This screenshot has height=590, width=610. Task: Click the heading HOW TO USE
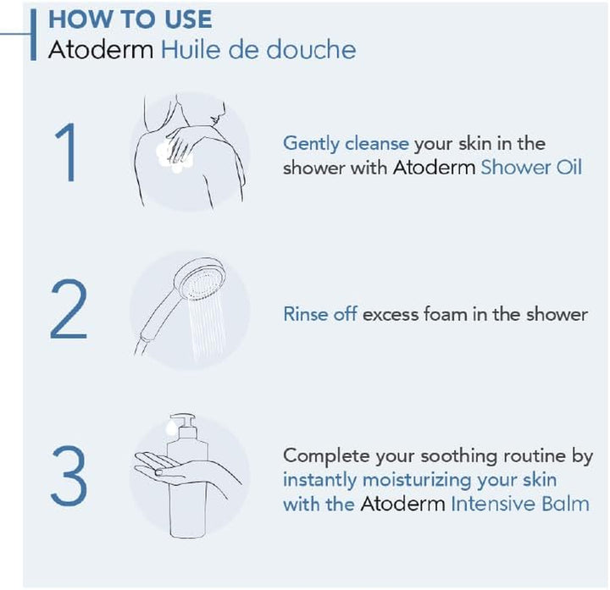(x=130, y=19)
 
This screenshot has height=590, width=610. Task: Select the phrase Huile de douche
(x=258, y=49)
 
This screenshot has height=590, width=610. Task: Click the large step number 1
(x=68, y=152)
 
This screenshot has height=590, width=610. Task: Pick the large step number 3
(x=68, y=479)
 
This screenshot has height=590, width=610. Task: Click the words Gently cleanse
(x=346, y=143)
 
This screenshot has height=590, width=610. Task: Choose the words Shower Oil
(x=531, y=168)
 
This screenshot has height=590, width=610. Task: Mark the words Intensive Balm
(x=519, y=505)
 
